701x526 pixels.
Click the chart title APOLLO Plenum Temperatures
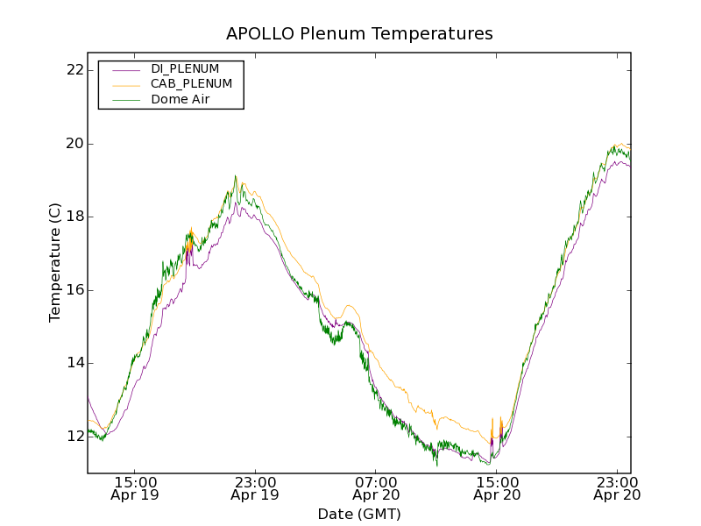tap(359, 34)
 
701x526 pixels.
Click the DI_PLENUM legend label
tap(185, 68)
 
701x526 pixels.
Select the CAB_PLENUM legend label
tap(191, 84)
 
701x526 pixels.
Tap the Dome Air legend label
tap(180, 100)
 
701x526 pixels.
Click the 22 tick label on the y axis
tap(74, 70)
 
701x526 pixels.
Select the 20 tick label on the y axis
tap(74, 144)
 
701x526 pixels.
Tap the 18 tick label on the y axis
tap(74, 217)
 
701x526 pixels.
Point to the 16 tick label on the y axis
tap(74, 290)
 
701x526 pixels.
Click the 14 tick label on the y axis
tap(74, 363)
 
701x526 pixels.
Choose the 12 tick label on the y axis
tap(74, 437)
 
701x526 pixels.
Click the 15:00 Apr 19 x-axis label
tap(135, 488)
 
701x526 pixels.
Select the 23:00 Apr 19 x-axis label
tap(255, 488)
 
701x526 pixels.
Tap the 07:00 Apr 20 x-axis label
tap(376, 488)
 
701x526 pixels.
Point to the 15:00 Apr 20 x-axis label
tap(496, 488)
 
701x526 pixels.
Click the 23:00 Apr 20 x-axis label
tap(617, 488)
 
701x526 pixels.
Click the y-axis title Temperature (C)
tap(55, 262)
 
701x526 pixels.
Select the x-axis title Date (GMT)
tap(359, 514)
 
